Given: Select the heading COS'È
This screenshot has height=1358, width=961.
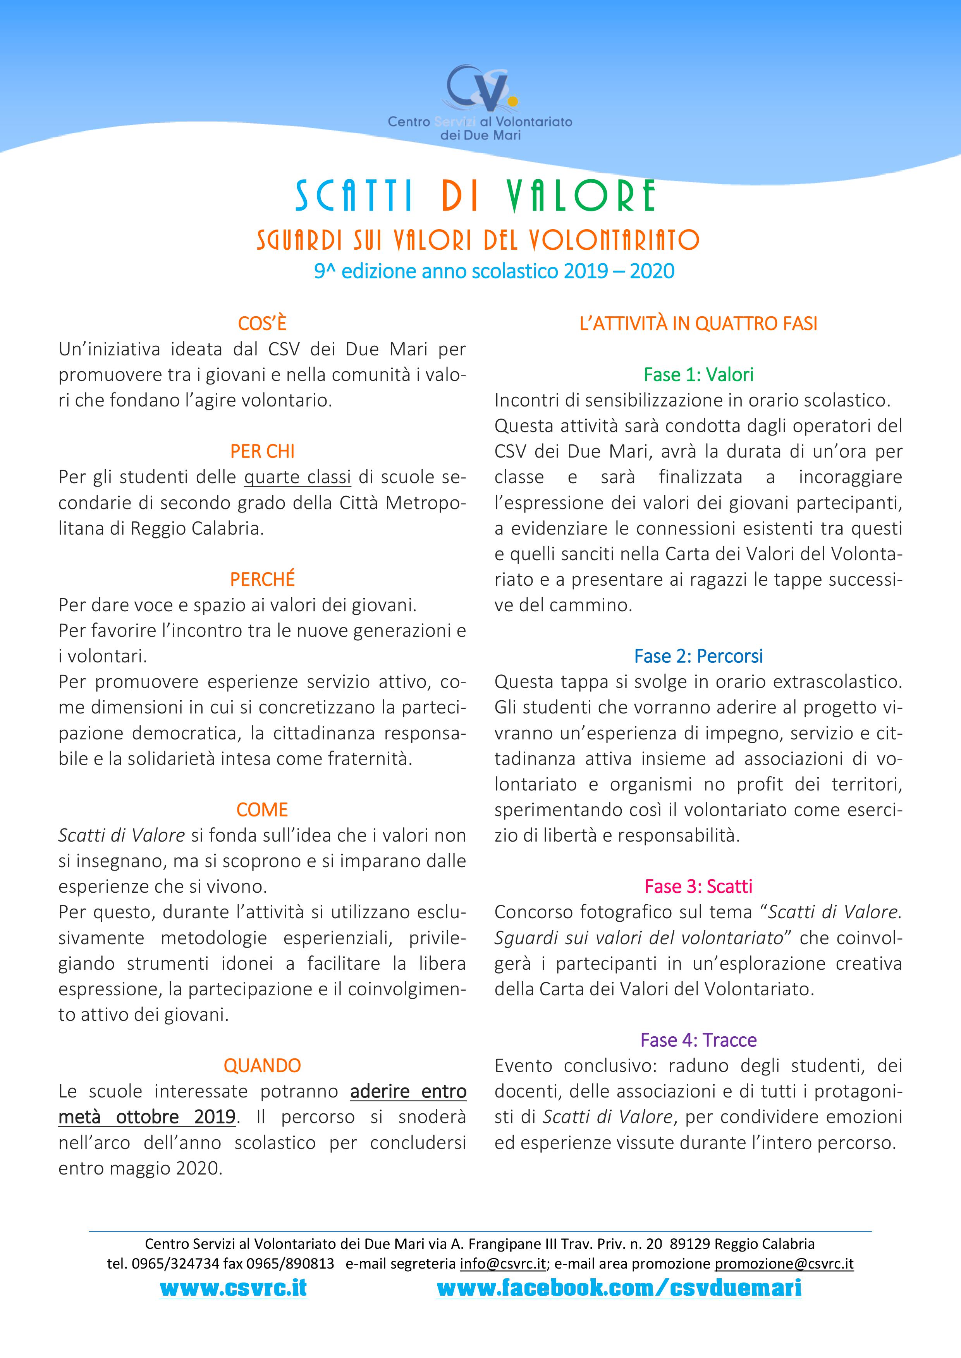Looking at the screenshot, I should pyautogui.click(x=262, y=324).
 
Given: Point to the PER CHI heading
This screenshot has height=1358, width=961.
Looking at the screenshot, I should pyautogui.click(x=262, y=451).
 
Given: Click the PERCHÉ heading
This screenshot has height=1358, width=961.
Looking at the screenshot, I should pyautogui.click(x=262, y=579).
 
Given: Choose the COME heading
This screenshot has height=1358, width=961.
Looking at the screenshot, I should pyautogui.click(x=262, y=810).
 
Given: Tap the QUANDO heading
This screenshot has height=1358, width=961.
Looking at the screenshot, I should pyautogui.click(x=262, y=1065).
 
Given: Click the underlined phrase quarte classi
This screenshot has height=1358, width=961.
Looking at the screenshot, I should pyautogui.click(x=297, y=477).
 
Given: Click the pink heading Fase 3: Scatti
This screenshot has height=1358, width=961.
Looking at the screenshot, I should pyautogui.click(x=698, y=886).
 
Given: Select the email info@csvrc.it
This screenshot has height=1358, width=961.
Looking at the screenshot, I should pyautogui.click(x=502, y=1264).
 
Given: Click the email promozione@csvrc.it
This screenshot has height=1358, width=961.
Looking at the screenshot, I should pyautogui.click(x=784, y=1264).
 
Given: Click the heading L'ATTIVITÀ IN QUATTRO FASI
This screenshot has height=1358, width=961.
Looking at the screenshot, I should pyautogui.click(x=698, y=324).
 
